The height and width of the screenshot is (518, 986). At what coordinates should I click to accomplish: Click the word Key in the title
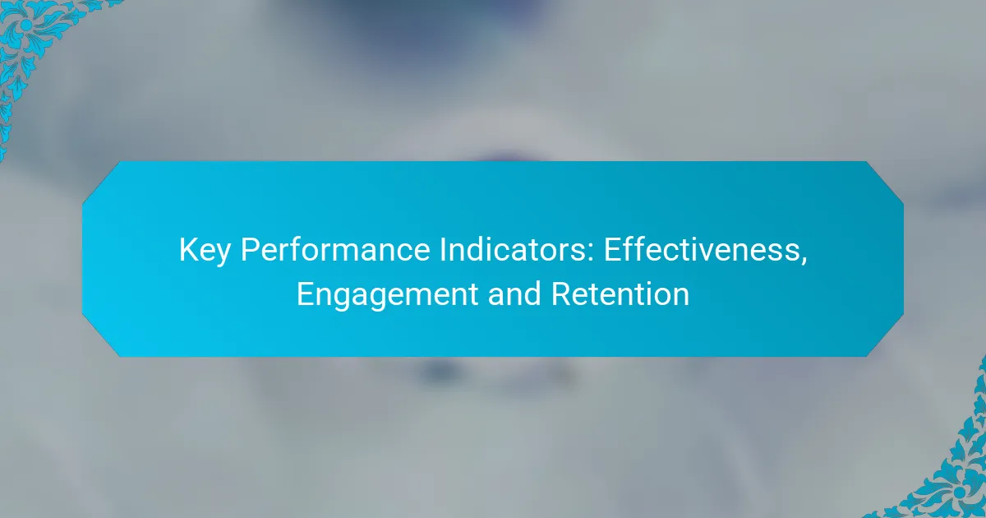205,251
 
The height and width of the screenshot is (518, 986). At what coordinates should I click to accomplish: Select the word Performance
335,250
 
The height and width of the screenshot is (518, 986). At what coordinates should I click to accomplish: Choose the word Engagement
387,295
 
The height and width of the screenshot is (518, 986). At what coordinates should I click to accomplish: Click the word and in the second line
514,294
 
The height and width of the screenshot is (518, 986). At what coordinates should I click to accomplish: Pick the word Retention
620,294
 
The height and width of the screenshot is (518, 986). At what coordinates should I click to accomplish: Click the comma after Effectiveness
804,260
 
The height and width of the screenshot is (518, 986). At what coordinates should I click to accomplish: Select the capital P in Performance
250,250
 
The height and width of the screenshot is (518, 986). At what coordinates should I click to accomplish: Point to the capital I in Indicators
442,250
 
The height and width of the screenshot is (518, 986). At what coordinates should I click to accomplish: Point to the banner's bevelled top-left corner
101,182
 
